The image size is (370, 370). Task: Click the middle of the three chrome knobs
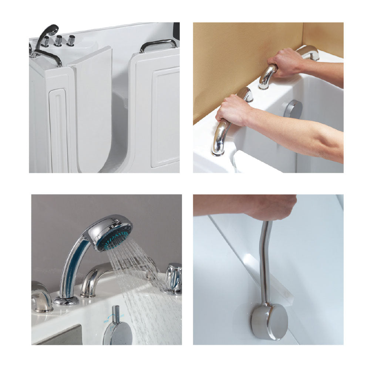(58, 40)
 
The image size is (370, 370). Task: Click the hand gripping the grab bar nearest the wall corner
(286, 62)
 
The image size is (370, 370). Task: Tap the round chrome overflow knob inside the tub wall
(293, 110)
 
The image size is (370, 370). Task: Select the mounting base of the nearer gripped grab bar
(218, 150)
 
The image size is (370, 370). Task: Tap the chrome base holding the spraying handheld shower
(66, 300)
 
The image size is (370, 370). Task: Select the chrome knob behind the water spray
(174, 277)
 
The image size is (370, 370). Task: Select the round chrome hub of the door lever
(269, 322)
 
